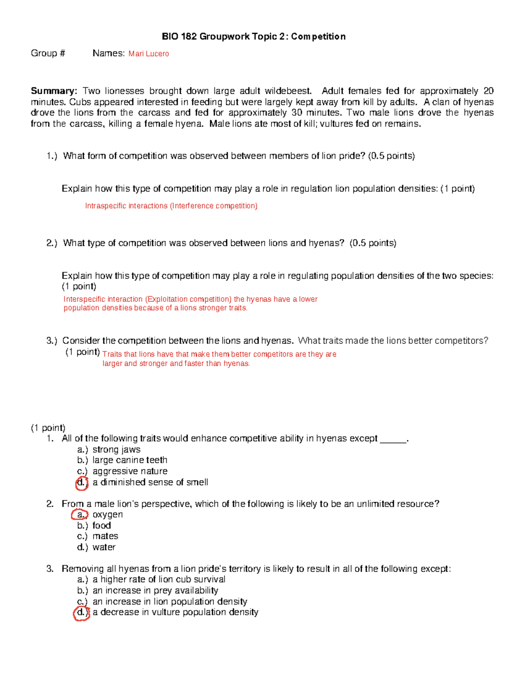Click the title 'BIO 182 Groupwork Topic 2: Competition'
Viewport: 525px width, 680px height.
click(x=253, y=37)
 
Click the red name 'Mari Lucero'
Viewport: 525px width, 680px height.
click(x=148, y=54)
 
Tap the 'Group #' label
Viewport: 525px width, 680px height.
click(x=48, y=53)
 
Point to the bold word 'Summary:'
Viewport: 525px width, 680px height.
click(x=54, y=91)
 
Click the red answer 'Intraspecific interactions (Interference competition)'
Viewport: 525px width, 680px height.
click(x=171, y=206)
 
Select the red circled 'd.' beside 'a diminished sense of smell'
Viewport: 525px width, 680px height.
click(x=81, y=483)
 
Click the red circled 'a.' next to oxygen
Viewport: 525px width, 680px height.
click(x=80, y=515)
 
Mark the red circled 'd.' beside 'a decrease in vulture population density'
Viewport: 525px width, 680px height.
click(x=81, y=613)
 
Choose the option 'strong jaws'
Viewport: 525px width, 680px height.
click(x=116, y=450)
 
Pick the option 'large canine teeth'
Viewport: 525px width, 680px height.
click(x=130, y=460)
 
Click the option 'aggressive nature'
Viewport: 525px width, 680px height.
click(x=130, y=471)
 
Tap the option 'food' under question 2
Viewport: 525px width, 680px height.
click(x=101, y=525)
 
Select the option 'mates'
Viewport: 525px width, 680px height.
click(x=105, y=536)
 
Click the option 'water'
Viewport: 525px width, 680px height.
click(x=104, y=547)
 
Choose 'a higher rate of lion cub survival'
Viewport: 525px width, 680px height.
click(x=159, y=579)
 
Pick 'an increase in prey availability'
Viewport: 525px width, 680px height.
click(x=155, y=590)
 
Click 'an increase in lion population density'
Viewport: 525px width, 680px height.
click(x=170, y=602)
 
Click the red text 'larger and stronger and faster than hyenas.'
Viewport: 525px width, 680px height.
click(x=176, y=363)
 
